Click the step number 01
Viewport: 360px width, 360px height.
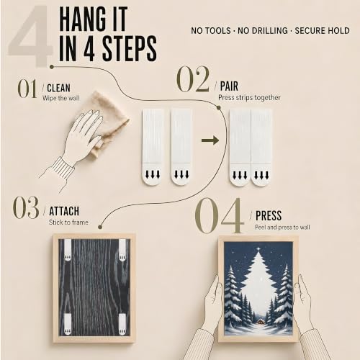click(x=27, y=89)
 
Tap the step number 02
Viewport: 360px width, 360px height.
click(x=193, y=79)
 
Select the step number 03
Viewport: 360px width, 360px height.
click(x=26, y=207)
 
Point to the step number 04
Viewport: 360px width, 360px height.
click(x=219, y=215)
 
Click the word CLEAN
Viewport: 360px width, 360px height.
click(x=58, y=88)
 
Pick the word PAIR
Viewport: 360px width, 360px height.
click(x=229, y=86)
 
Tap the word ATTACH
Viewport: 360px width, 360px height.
click(x=64, y=211)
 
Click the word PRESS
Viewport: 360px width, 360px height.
click(x=269, y=215)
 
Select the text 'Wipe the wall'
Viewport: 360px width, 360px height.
click(x=60, y=98)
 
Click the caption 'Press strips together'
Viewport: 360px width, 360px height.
click(x=249, y=98)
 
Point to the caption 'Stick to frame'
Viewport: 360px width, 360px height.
click(x=68, y=222)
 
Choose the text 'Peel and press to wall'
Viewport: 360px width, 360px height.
click(x=282, y=227)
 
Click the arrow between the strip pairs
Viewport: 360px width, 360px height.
click(x=210, y=140)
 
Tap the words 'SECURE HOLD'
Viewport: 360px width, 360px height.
click(x=322, y=31)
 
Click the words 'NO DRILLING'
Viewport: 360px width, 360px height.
click(x=263, y=31)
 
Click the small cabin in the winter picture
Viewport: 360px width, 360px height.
click(x=259, y=321)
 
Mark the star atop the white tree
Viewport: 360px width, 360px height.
click(x=258, y=250)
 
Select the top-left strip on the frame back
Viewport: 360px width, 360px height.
click(x=68, y=250)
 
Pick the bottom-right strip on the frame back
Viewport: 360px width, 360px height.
click(x=122, y=324)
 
